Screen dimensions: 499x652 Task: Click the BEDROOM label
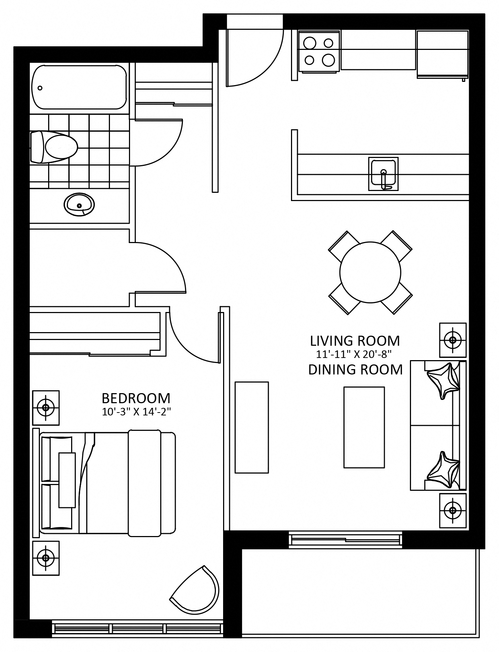coord(136,398)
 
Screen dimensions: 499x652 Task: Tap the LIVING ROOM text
coord(355,340)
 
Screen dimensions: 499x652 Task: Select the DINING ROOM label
coord(355,369)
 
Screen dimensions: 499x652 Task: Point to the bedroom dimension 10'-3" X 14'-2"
coord(136,411)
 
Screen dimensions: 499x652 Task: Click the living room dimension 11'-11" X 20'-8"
coord(354,354)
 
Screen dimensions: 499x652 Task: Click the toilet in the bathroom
coord(54,147)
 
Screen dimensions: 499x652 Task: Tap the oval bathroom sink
coord(79,205)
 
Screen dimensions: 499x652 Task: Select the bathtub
coord(79,87)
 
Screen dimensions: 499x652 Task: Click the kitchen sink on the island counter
coord(383,174)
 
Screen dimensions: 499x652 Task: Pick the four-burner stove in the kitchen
coord(319,51)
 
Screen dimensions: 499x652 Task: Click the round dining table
coord(370,272)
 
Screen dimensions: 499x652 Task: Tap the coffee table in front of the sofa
coord(364,427)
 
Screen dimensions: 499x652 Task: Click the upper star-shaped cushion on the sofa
coord(443,381)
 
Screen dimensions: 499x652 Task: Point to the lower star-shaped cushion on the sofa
coord(443,470)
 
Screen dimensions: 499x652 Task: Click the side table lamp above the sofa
coord(453,340)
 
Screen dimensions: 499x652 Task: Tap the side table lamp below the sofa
coord(453,510)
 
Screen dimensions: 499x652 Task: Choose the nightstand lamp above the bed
coord(46,407)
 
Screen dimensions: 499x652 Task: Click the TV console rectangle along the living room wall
coord(251,427)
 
